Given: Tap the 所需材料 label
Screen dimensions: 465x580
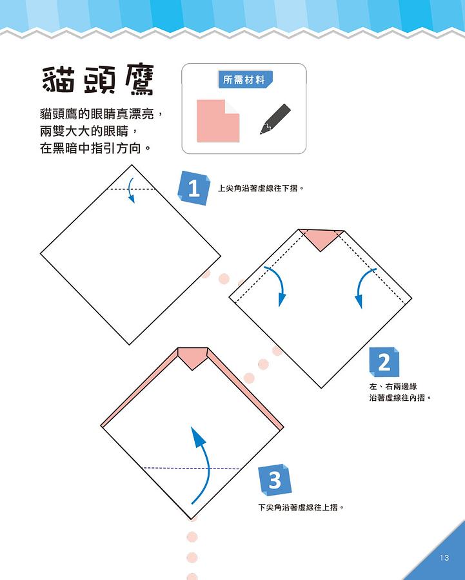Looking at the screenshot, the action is pyautogui.click(x=244, y=81).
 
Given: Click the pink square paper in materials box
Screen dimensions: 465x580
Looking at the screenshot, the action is pyautogui.click(x=217, y=121).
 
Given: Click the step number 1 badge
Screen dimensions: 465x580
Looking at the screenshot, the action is pyautogui.click(x=194, y=189).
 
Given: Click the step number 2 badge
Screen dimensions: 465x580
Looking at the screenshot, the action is pyautogui.click(x=384, y=362).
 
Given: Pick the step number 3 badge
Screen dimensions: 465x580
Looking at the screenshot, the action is pyautogui.click(x=275, y=480).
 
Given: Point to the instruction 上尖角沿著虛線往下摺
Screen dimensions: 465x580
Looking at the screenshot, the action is pyautogui.click(x=260, y=189).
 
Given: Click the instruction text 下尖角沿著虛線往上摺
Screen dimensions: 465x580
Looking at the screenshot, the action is pyautogui.click(x=301, y=507).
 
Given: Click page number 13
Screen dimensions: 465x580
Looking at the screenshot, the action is pyautogui.click(x=444, y=557).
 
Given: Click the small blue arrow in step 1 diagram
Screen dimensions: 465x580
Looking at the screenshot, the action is pyautogui.click(x=132, y=191).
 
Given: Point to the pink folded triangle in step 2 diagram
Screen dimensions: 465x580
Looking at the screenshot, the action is pyautogui.click(x=321, y=238).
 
